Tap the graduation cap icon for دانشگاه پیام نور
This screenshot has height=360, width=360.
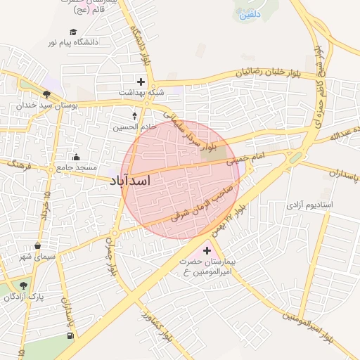73,32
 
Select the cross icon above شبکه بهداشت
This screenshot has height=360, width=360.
141,82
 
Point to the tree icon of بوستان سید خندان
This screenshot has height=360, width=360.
46,94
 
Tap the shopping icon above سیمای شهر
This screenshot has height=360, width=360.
37,245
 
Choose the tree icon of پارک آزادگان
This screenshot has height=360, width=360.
24,285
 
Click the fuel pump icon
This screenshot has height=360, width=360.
69,335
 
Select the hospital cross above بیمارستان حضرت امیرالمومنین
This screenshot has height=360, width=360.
207,250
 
